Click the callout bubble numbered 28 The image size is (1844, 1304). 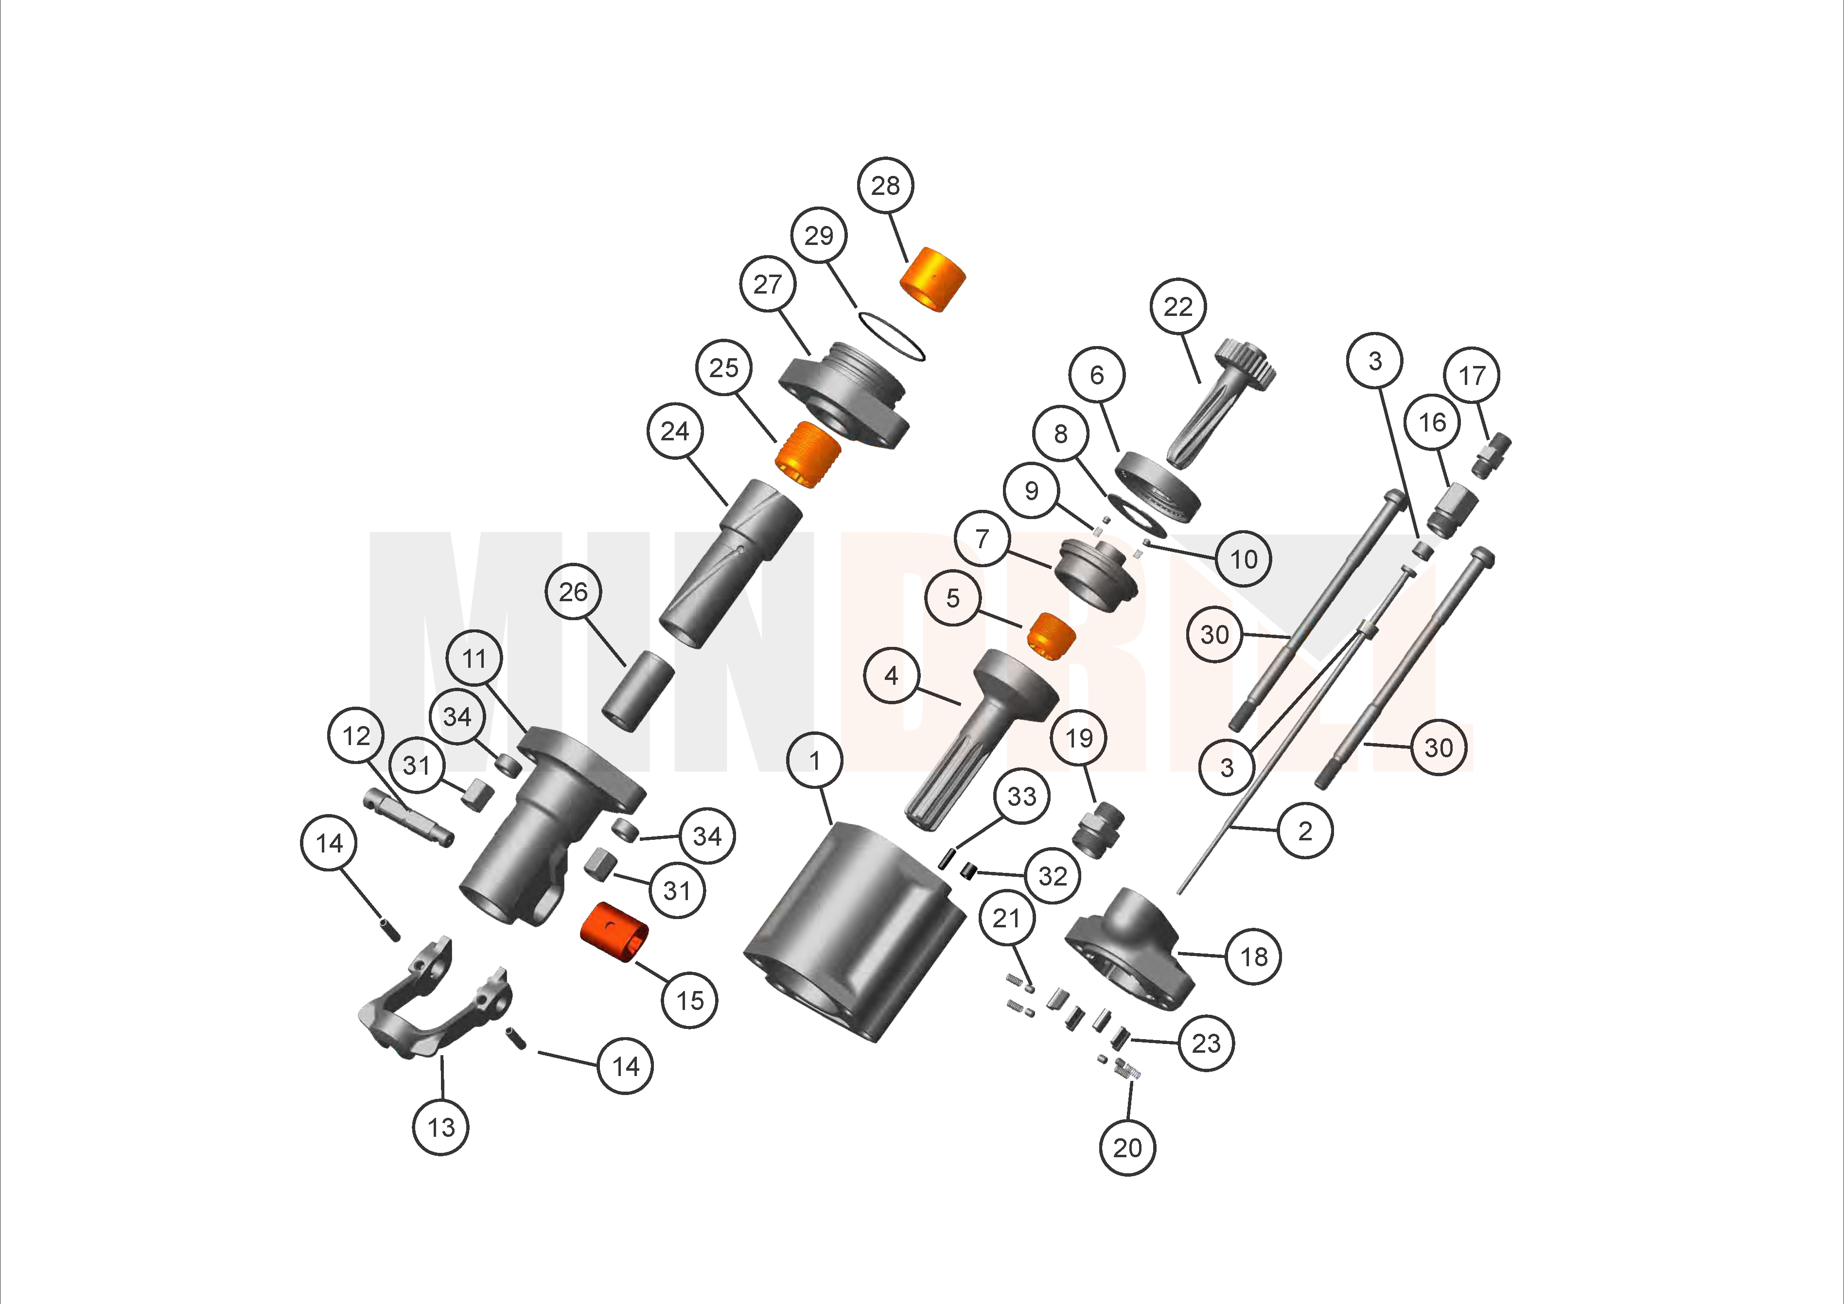pos(886,186)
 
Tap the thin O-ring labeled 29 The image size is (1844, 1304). pos(892,336)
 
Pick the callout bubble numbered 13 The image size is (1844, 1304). pos(441,1128)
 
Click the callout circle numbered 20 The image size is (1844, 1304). pos(1127,1148)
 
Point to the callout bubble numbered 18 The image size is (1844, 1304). pos(1254,956)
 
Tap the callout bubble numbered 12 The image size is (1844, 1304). pos(356,735)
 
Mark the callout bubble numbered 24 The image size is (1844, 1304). pos(675,431)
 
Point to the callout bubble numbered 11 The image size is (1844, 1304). pos(474,659)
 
